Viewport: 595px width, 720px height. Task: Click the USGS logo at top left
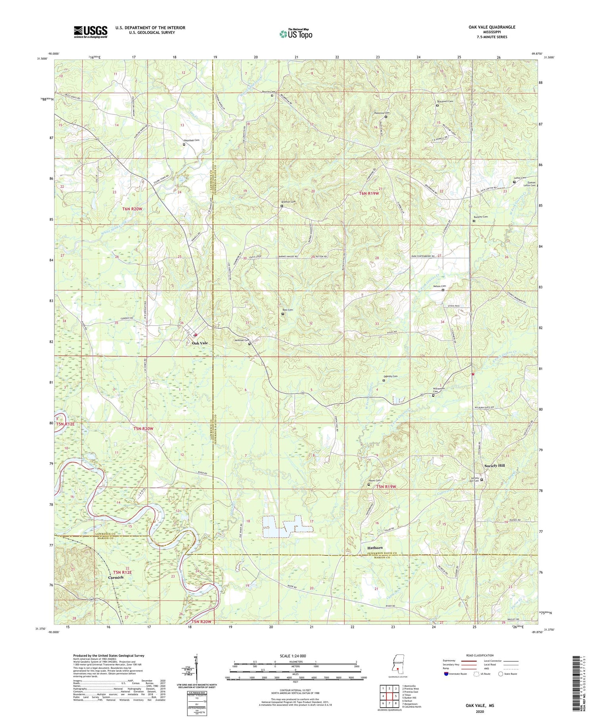point(90,32)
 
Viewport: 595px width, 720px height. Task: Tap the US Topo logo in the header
point(296,34)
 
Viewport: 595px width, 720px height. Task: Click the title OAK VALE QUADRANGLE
point(492,27)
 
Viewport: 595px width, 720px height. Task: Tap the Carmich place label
point(116,577)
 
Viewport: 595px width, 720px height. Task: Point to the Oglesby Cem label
point(390,376)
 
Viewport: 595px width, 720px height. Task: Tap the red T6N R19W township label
point(369,193)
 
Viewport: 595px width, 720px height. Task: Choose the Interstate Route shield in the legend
point(446,674)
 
